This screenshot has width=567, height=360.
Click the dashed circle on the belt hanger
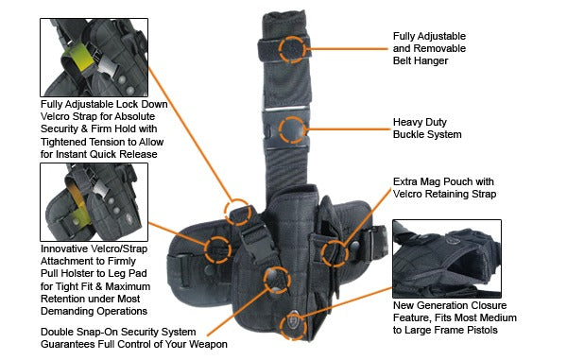point(294,48)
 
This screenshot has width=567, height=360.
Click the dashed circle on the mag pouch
point(334,251)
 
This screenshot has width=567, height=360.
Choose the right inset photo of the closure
point(446,258)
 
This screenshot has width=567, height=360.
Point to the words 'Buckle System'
point(427,134)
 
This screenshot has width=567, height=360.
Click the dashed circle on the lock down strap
point(237,209)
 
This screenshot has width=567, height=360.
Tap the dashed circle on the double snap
point(276,277)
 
